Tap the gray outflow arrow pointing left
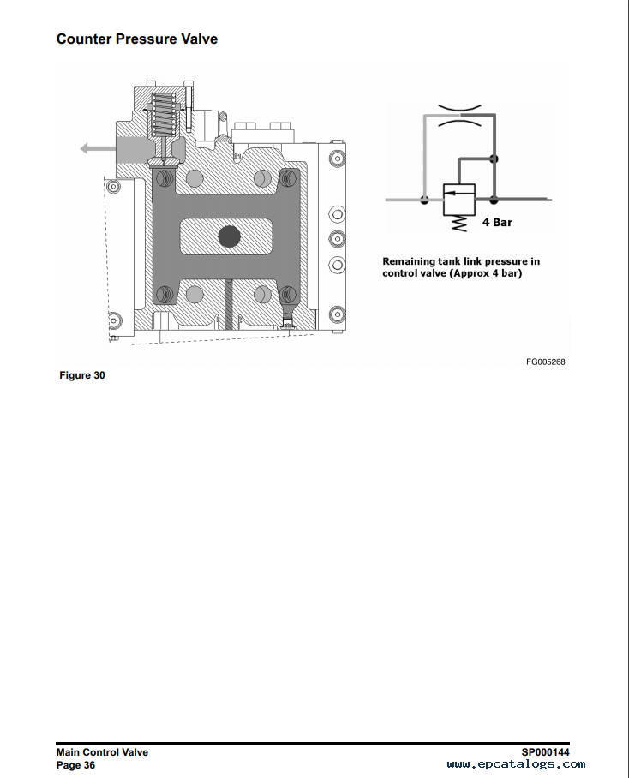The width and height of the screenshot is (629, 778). pyautogui.click(x=99, y=148)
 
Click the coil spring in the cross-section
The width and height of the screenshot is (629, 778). pyautogui.click(x=163, y=115)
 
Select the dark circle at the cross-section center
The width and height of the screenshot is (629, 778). pyautogui.click(x=229, y=236)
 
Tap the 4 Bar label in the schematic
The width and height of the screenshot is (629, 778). pyautogui.click(x=497, y=222)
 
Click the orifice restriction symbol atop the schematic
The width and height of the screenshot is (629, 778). pyautogui.click(x=460, y=115)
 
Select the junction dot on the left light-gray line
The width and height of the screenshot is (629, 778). pyautogui.click(x=424, y=200)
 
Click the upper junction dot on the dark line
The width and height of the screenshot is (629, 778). pyautogui.click(x=494, y=159)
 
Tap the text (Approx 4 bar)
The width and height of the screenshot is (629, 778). pyautogui.click(x=486, y=273)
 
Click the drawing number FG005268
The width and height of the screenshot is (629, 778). pyautogui.click(x=546, y=362)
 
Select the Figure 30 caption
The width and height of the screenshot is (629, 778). pyautogui.click(x=82, y=375)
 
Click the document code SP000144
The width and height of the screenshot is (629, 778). pyautogui.click(x=545, y=752)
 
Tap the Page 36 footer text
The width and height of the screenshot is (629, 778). pyautogui.click(x=75, y=765)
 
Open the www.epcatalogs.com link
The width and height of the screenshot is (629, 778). pyautogui.click(x=516, y=764)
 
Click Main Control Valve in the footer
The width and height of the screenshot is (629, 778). pyautogui.click(x=102, y=752)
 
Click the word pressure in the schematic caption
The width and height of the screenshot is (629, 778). pyautogui.click(x=506, y=262)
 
